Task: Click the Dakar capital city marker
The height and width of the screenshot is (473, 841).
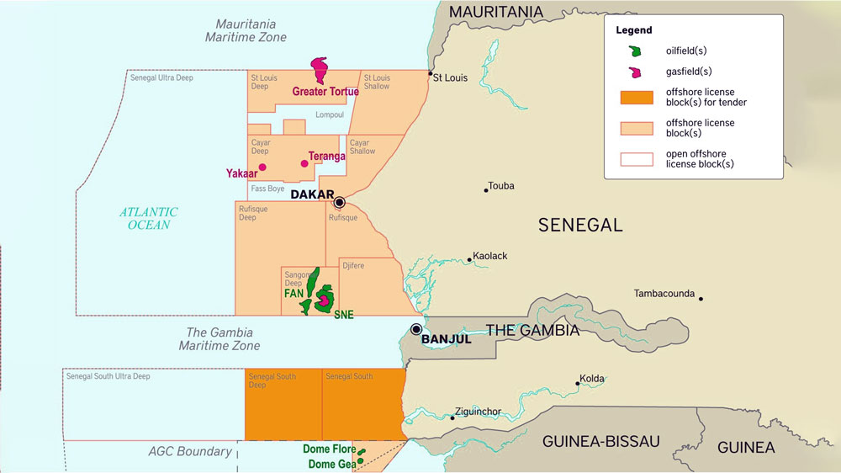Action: click(339, 202)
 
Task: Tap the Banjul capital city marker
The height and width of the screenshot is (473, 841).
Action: click(416, 329)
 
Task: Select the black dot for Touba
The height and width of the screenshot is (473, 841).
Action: click(486, 190)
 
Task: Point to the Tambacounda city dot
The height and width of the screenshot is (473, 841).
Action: click(700, 298)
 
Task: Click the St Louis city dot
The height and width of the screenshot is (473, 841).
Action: click(431, 73)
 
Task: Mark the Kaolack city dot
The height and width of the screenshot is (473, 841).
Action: click(469, 260)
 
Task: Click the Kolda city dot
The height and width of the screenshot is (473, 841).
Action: click(578, 383)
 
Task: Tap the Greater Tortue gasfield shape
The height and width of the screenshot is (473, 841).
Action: click(320, 69)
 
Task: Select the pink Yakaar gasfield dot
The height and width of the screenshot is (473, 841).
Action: click(262, 167)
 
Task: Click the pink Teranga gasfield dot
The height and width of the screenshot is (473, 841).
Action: click(304, 163)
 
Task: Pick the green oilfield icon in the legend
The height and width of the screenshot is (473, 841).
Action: click(636, 51)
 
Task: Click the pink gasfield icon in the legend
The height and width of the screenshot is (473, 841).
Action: click(636, 72)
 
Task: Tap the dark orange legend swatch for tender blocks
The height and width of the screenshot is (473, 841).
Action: click(636, 97)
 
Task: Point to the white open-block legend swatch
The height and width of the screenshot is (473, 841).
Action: click(636, 159)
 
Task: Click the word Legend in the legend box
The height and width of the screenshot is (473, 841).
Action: click(633, 30)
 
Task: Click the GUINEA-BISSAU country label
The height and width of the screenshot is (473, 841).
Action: click(600, 441)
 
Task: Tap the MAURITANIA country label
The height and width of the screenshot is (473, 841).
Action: click(496, 12)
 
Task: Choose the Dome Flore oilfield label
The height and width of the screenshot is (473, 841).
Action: click(329, 449)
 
